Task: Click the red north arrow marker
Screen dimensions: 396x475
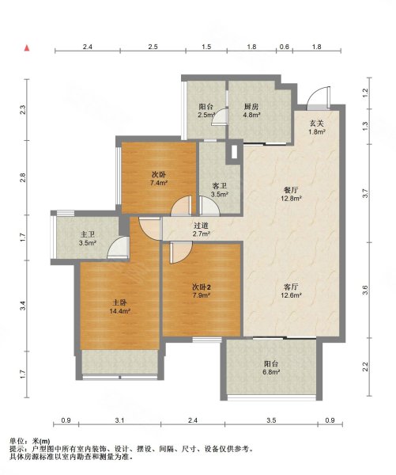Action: coord(27,47)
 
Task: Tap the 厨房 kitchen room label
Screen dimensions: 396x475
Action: coord(251,107)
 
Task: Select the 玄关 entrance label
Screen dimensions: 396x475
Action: coord(317,123)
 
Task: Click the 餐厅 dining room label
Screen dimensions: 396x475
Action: coord(291,191)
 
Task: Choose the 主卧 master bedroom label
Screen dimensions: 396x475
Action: coord(119,302)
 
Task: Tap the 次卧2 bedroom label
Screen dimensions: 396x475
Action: coord(202,287)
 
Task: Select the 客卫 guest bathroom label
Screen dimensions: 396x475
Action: coord(220,186)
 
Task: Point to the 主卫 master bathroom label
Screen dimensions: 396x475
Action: coord(88,235)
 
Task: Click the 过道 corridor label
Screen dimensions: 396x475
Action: coord(202,226)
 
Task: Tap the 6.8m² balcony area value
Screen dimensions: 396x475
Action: coord(271,372)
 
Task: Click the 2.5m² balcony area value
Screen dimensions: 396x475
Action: coord(206,115)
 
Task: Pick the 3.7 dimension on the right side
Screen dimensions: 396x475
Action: coord(365,193)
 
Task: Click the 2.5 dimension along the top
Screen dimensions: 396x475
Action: coord(153,47)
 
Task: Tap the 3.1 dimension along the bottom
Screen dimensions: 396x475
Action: coord(120,420)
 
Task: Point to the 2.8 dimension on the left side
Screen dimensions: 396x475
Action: coord(23,177)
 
